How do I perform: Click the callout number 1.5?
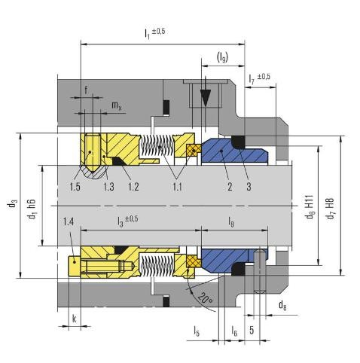(75, 187)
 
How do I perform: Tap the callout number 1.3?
(108, 187)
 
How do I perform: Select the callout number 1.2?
(133, 187)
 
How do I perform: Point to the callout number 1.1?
(177, 187)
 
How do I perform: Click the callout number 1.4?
(68, 222)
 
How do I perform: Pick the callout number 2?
(230, 187)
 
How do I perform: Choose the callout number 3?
(249, 187)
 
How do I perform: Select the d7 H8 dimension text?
(331, 209)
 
